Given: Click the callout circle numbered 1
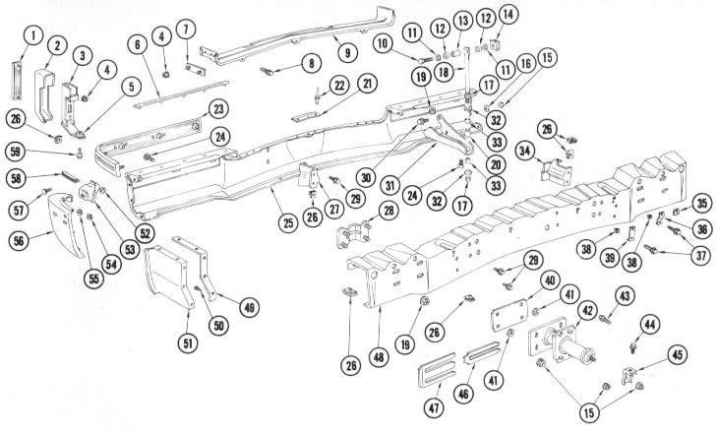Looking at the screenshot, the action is tap(34, 36).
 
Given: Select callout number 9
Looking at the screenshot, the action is tap(348, 52).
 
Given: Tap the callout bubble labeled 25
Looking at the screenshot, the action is tap(287, 223).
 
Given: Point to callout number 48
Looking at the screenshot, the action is tap(379, 356).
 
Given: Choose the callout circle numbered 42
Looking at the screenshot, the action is tap(587, 311).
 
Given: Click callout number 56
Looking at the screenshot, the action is tap(19, 240).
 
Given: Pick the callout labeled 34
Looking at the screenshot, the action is tap(526, 151).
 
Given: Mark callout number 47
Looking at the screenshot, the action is tap(434, 406).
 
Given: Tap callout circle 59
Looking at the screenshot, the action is tap(16, 152).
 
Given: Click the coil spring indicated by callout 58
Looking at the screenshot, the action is tap(68, 176).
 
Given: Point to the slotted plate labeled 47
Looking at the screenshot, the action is tap(437, 369).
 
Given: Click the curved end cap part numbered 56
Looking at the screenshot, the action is tap(66, 224).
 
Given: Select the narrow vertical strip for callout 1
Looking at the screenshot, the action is tap(17, 81).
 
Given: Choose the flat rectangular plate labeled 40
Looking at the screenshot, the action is tap(508, 315).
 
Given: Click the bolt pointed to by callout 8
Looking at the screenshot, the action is tap(267, 71).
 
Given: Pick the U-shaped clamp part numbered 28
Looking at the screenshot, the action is tap(349, 235).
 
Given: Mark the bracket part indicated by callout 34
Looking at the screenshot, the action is tap(556, 171).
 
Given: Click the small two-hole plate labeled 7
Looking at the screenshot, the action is tap(196, 70).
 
